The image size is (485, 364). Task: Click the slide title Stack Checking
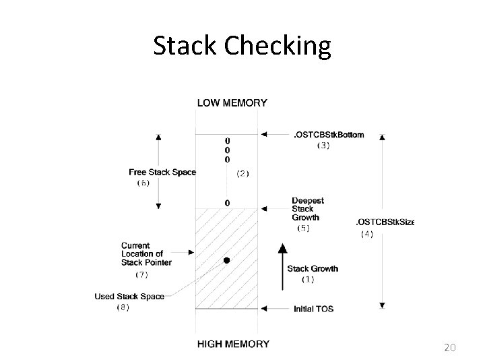(x=242, y=46)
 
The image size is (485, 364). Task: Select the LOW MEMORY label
(x=232, y=103)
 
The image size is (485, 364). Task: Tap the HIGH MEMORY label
(x=232, y=344)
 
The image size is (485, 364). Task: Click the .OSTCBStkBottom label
(x=328, y=135)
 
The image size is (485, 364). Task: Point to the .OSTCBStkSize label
(x=384, y=222)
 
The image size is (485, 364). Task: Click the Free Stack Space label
(x=162, y=172)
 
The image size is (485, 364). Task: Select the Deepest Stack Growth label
(x=308, y=209)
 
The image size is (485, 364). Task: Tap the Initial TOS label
(x=313, y=309)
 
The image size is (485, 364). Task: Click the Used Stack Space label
(x=130, y=297)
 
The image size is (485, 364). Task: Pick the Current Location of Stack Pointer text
(x=146, y=253)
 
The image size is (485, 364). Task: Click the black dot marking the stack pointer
(x=227, y=260)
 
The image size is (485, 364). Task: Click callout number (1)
(x=307, y=279)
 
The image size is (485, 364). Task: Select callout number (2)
(x=243, y=173)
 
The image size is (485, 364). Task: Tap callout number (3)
(x=323, y=146)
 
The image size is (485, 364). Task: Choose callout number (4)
(x=366, y=234)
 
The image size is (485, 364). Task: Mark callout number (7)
(x=142, y=274)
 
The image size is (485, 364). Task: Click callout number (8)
(x=123, y=307)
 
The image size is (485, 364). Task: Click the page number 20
(x=451, y=348)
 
